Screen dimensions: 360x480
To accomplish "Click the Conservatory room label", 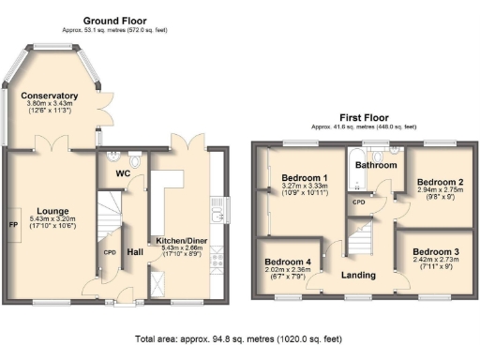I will tap(50, 96).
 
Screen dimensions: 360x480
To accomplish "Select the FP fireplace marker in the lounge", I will tap(13, 226).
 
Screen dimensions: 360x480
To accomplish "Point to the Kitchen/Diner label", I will tap(183, 241).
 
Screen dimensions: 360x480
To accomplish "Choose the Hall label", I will tap(135, 251).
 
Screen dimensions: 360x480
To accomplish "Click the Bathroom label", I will tap(373, 164).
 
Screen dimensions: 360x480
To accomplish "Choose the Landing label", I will tap(358, 275).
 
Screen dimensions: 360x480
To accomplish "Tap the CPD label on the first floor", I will tap(358, 202).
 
